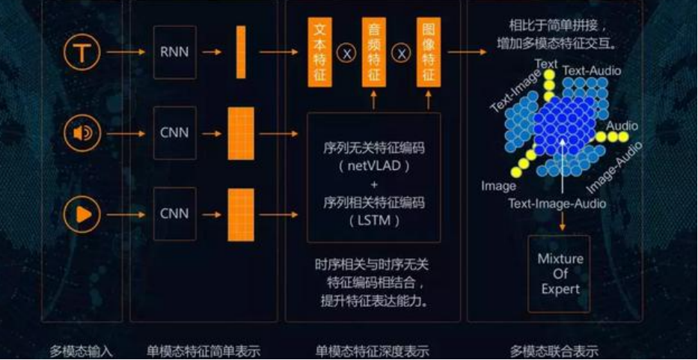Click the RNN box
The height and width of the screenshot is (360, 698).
tap(174, 52)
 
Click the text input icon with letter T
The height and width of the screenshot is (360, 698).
tap(81, 52)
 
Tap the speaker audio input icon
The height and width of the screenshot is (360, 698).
tap(81, 133)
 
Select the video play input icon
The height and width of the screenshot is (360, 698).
tap(81, 214)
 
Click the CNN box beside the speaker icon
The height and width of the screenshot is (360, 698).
tap(174, 133)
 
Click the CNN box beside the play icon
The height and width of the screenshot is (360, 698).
tap(174, 214)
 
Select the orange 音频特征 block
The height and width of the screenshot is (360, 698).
tap(374, 52)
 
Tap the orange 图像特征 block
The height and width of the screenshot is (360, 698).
tap(428, 52)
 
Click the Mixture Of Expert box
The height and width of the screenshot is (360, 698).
tap(560, 274)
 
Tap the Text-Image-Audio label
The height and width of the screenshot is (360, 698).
tap(557, 203)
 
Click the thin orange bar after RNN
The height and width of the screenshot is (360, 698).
tap(241, 52)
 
